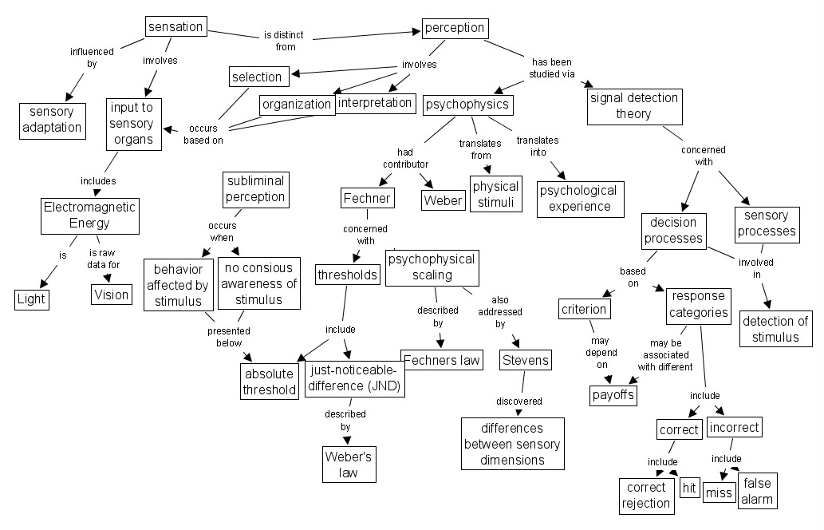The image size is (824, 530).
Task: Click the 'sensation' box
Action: coord(175,26)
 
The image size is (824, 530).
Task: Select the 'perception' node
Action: coord(455,28)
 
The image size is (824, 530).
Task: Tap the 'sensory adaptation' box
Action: coord(52,120)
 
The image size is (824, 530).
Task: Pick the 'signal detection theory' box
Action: coord(633,106)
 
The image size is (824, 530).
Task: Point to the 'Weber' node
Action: coord(443,200)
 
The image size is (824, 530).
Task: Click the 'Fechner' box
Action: coord(367,198)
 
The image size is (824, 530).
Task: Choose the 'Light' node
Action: coord(32,299)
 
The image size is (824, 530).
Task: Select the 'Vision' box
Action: coord(111,295)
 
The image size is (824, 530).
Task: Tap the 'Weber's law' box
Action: coord(349,465)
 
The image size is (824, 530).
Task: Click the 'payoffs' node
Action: coord(613,394)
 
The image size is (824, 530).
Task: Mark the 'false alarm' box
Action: coord(757,491)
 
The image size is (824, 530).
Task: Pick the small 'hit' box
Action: coord(690,488)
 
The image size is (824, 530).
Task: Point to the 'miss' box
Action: coord(719,492)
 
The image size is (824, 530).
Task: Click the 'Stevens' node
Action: coord(525,361)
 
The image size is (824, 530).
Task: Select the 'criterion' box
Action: coord(584,309)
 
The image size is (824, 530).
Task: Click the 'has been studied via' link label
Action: coord(551,68)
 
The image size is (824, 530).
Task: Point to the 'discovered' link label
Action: coord(518,401)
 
